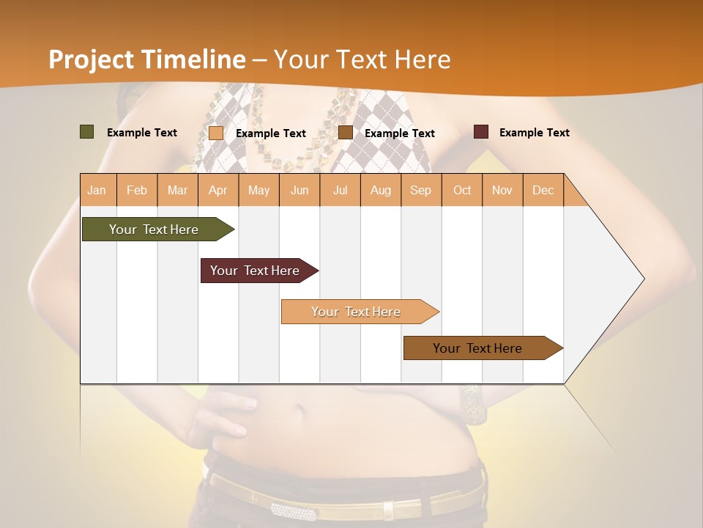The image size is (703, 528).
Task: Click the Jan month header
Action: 97,190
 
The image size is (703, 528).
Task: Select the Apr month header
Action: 218,190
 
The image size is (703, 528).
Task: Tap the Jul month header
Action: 340,190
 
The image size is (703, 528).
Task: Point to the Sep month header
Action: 420,190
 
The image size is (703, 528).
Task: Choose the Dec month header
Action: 543,190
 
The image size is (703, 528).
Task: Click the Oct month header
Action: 462,190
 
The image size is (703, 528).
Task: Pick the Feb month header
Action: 137,190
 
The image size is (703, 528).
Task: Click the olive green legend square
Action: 86,132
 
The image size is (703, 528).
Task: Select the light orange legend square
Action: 216,133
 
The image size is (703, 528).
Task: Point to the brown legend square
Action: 346,132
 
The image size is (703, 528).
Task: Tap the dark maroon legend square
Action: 480,132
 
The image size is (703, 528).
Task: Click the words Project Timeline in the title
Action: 146,59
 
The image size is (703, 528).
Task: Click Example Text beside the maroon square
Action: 534,133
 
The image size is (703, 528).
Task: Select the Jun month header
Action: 300,190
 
